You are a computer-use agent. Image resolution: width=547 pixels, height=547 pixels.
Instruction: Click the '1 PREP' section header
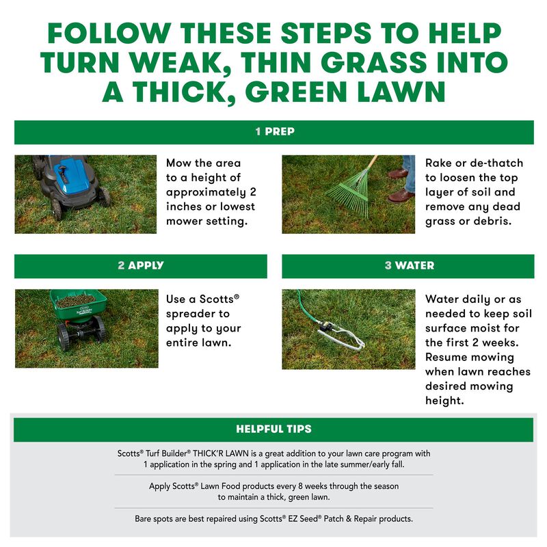273,131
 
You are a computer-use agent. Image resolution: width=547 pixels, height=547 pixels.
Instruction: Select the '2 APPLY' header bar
140,265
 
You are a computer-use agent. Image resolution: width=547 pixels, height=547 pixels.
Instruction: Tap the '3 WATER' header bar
408,265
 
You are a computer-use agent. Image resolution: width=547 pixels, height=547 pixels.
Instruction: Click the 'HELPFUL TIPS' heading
273,429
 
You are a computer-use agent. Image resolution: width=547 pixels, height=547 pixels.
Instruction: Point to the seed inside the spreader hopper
75,299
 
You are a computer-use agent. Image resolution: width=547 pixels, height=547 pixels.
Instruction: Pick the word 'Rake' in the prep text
439,163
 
